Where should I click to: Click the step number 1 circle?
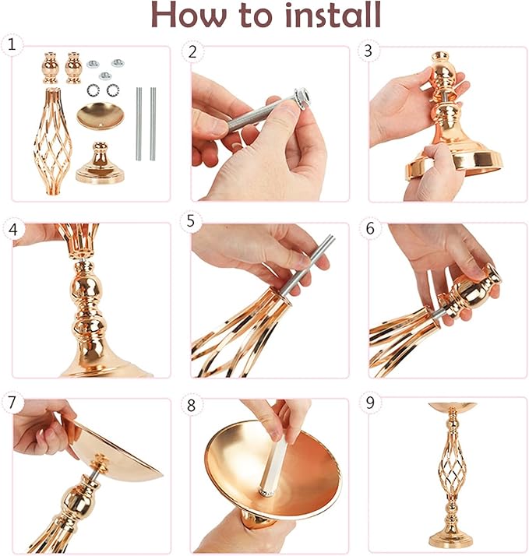coord(12,45)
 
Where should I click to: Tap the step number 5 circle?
coord(191,221)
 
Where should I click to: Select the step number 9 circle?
coord(370,403)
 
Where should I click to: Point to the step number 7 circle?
coord(12,403)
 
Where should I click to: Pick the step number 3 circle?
coord(369,51)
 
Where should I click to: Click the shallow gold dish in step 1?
coord(101,115)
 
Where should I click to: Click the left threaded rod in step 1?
coord(139,124)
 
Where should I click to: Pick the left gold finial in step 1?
coord(51,68)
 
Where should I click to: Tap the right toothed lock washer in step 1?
coord(113,90)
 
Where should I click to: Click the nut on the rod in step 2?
coord(302,97)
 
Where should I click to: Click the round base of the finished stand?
coord(451,538)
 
